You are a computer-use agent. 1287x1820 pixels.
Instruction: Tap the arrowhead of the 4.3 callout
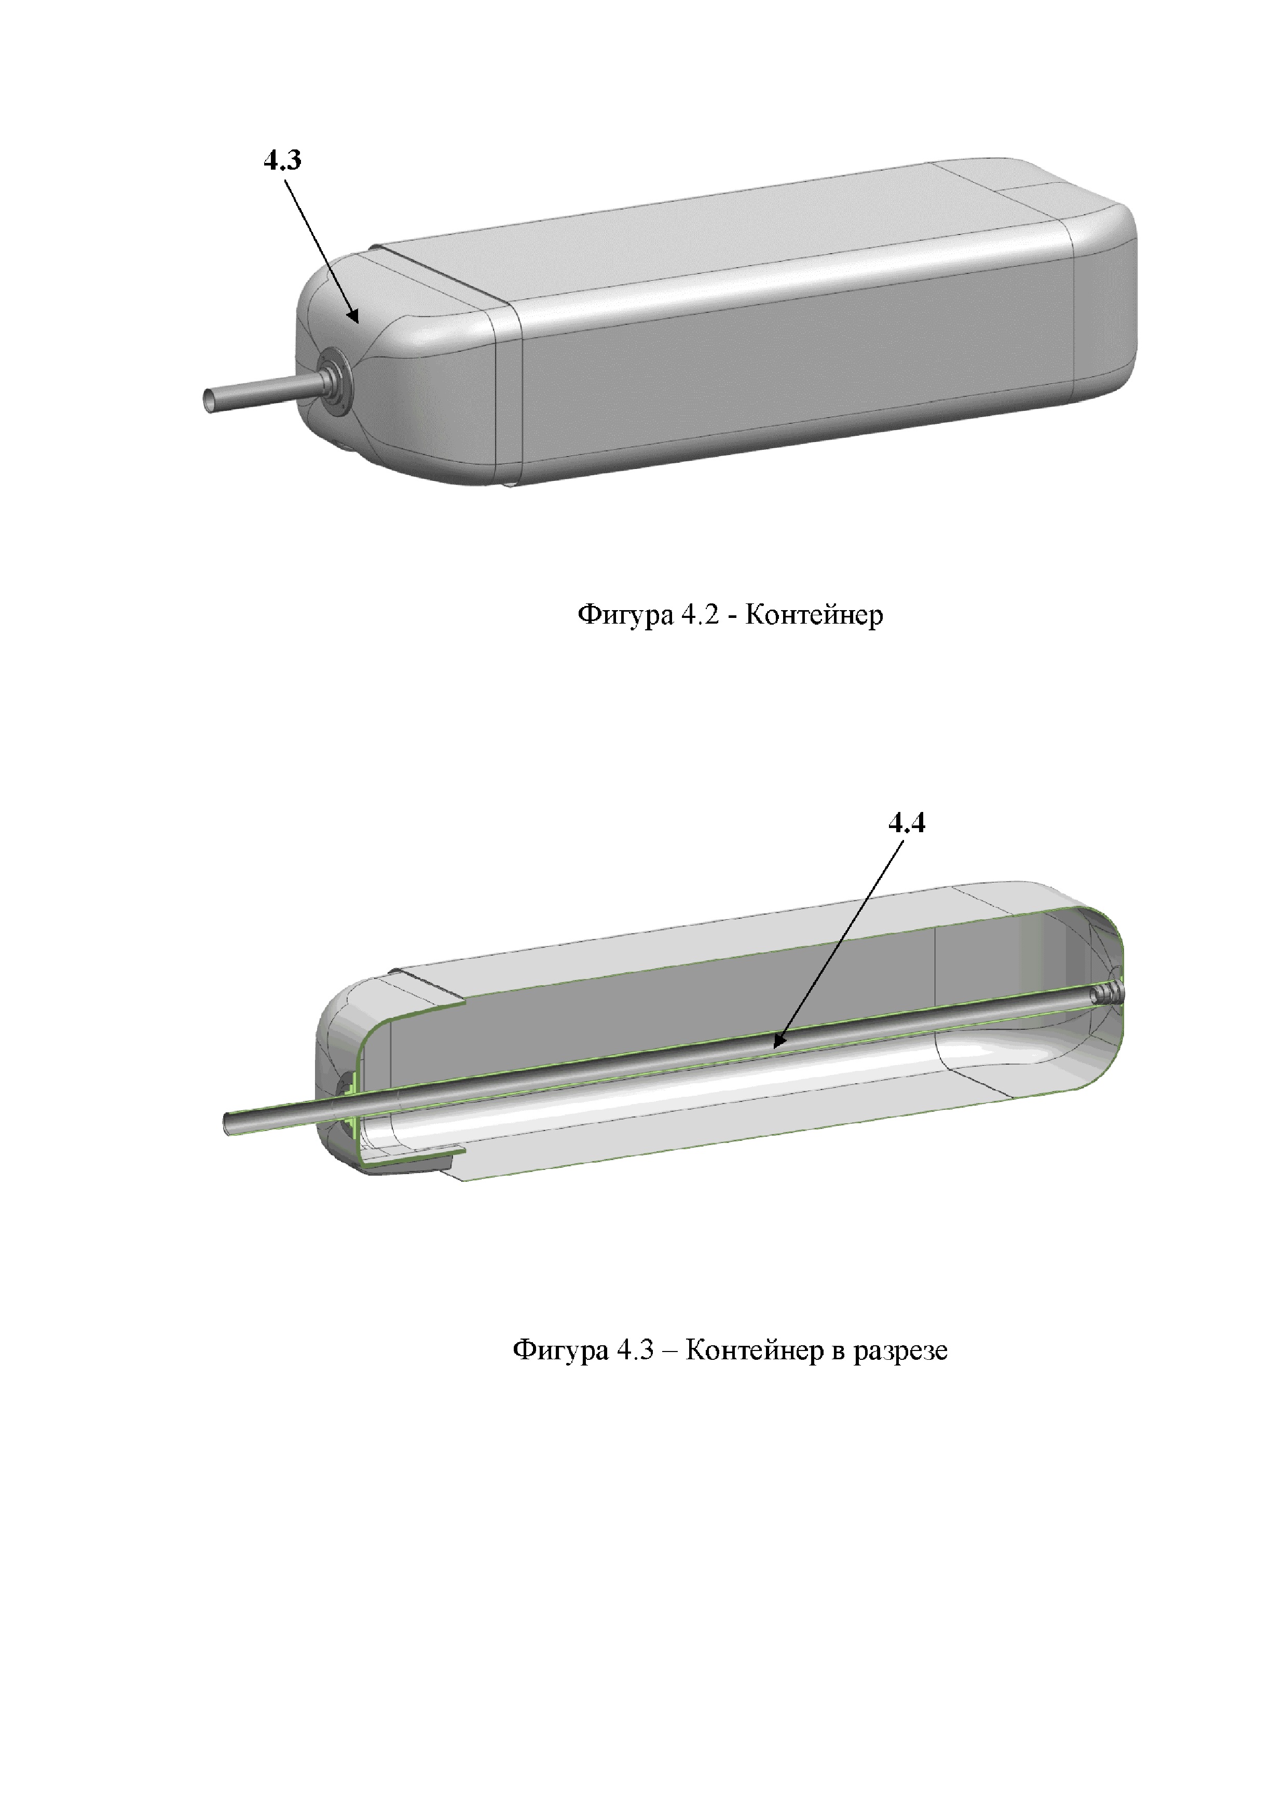point(355,316)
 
